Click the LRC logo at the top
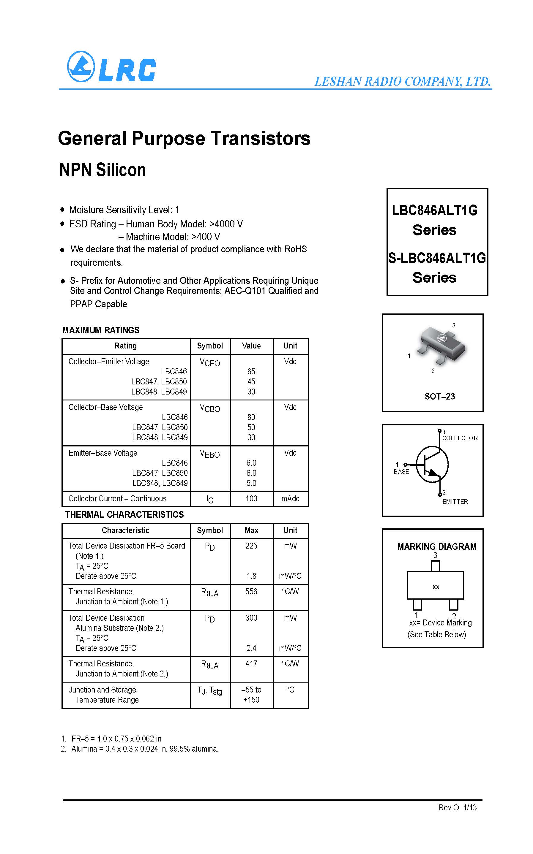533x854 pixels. (111, 67)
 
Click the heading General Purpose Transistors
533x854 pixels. (184, 138)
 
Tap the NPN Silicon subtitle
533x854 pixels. (102, 170)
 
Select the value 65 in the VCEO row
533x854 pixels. (251, 372)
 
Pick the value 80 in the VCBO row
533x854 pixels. (251, 417)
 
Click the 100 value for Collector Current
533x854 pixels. (251, 499)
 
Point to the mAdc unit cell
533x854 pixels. (290, 499)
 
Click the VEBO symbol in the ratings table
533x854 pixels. (210, 454)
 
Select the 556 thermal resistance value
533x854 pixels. (251, 592)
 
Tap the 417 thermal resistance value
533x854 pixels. (251, 664)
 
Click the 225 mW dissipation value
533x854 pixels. (251, 546)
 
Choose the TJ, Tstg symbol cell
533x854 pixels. (210, 691)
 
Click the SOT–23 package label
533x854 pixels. (440, 397)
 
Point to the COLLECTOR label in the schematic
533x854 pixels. (460, 438)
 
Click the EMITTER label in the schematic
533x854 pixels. (455, 501)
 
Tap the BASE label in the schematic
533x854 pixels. (401, 472)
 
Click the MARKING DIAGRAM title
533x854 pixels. (437, 546)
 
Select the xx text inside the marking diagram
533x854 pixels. (436, 587)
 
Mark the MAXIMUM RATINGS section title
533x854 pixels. (101, 330)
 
